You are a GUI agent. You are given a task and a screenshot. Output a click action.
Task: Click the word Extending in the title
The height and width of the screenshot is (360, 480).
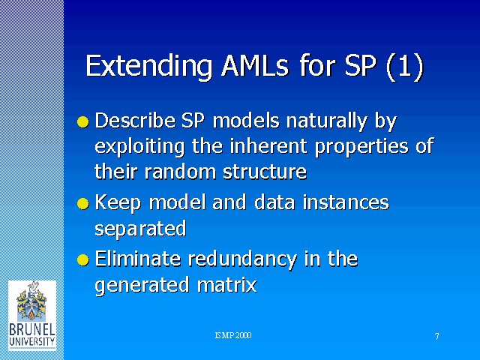coord(149,67)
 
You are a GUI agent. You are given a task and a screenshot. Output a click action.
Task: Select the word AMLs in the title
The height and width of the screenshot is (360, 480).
coord(255,65)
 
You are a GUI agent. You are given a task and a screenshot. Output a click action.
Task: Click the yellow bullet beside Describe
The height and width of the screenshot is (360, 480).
coord(83,121)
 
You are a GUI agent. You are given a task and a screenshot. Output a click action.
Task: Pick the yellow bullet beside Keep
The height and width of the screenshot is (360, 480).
coord(83,203)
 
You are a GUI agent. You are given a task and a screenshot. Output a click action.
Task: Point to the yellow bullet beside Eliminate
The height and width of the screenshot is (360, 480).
coord(83,260)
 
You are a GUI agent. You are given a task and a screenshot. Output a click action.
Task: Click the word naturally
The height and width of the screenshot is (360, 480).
coord(326,121)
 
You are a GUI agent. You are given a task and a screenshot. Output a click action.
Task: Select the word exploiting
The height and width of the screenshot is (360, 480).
coord(139,147)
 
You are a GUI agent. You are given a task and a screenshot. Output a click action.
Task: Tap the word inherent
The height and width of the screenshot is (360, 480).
coord(268,146)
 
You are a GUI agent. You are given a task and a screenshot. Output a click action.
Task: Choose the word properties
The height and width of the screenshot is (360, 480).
coord(361,147)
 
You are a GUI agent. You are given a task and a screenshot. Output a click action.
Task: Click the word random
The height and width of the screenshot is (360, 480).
coord(180,172)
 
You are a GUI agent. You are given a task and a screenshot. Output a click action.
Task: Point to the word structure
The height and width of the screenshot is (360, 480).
coord(265,172)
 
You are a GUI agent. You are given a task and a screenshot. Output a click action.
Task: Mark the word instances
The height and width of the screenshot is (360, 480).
coord(346,202)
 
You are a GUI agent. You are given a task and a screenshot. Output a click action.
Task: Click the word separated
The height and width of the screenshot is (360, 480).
coord(140,229)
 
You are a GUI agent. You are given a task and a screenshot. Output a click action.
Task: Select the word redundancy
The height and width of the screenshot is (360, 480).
coord(242,260)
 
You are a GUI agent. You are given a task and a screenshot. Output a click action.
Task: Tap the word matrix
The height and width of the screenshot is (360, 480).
coord(226,285)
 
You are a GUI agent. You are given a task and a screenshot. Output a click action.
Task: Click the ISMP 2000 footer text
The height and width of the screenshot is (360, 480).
coord(233,335)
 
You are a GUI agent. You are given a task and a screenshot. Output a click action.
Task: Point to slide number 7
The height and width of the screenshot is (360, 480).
coord(436,337)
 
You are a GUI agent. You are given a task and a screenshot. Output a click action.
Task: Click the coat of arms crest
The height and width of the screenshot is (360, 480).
coord(31,301)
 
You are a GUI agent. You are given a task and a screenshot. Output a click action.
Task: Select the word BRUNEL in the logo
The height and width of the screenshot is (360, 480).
coord(32,330)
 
